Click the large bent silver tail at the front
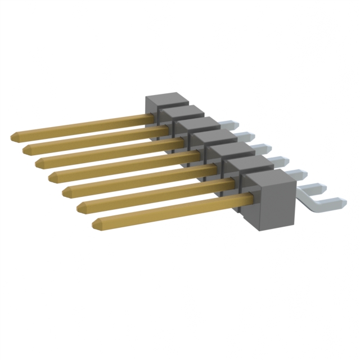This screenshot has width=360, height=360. click(x=321, y=200)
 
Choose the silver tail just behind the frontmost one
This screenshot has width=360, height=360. click(x=298, y=173)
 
